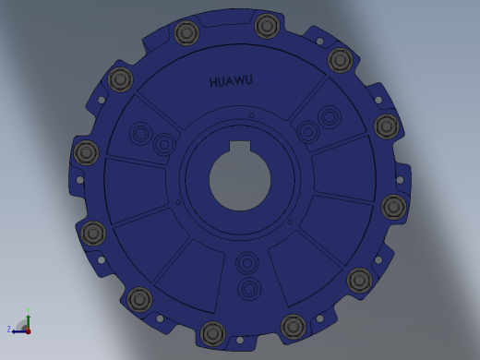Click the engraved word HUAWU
(231, 81)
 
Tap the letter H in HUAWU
(213, 82)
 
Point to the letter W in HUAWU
(239, 81)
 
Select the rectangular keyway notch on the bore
(240, 147)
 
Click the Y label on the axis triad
(28, 310)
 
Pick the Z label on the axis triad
(9, 330)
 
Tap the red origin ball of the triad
(28, 331)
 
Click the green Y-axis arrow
(28, 322)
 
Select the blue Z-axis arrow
(19, 331)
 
